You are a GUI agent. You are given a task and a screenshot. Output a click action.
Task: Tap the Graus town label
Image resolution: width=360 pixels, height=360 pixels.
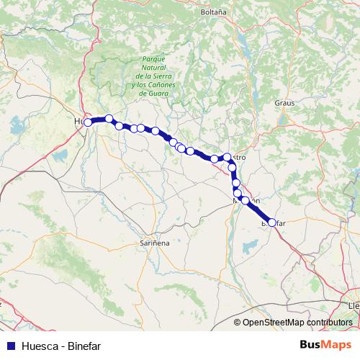(284, 103)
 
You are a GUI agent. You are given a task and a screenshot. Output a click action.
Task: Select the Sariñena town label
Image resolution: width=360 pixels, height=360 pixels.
(154, 244)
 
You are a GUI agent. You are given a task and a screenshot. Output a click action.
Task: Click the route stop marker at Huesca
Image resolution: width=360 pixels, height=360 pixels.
(88, 122)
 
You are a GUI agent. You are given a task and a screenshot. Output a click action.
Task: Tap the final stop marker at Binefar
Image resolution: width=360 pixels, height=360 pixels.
(271, 222)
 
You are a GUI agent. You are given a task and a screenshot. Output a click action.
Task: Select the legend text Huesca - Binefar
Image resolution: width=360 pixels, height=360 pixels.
(61, 345)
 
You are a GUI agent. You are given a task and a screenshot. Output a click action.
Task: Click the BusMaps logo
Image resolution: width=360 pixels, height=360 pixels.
(326, 344)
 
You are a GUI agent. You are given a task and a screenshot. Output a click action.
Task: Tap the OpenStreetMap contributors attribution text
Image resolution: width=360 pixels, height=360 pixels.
(297, 323)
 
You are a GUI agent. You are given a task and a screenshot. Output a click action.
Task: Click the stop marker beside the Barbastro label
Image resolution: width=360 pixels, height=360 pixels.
(227, 157)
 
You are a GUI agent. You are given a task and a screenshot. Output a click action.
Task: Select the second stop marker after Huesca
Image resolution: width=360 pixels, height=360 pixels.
(120, 126)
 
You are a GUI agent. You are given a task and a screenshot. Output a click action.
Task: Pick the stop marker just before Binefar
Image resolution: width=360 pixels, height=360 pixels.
(246, 200)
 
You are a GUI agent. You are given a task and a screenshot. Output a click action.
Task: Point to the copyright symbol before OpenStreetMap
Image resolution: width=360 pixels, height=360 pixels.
(238, 323)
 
